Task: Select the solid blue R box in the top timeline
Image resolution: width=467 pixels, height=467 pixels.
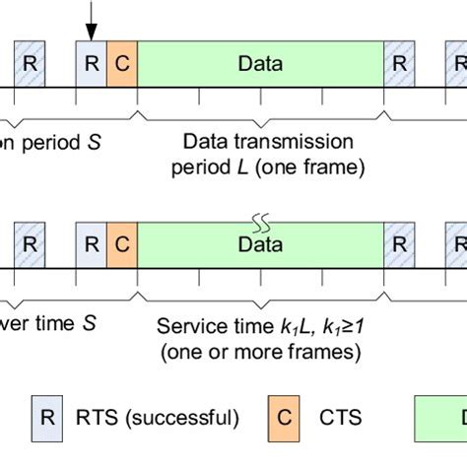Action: pyautogui.click(x=91, y=65)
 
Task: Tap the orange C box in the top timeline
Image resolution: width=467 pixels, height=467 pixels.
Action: pyautogui.click(x=122, y=65)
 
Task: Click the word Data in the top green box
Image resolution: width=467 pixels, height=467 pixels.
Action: pyautogui.click(x=260, y=65)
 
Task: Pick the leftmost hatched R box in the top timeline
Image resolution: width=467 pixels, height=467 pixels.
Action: pyautogui.click(x=29, y=65)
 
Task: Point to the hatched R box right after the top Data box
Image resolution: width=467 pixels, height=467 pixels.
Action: pyautogui.click(x=399, y=65)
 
